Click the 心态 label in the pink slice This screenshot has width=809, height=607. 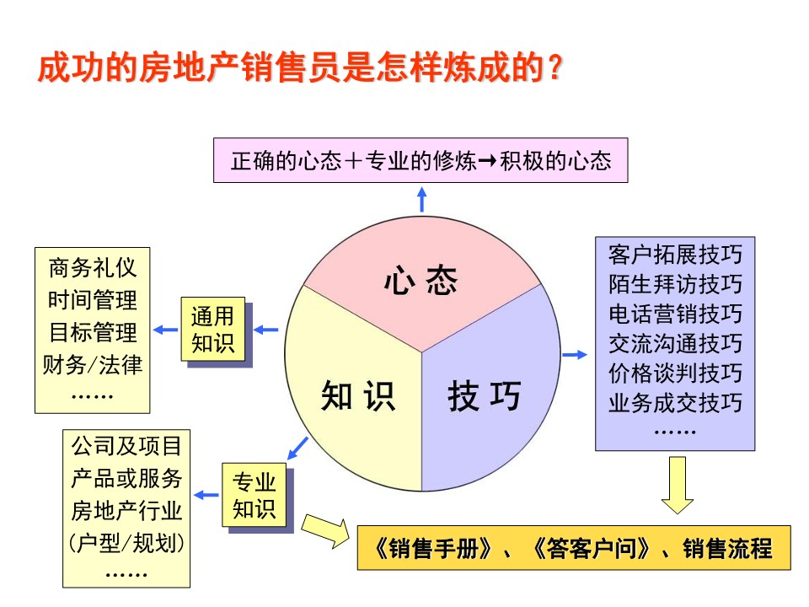[421, 281]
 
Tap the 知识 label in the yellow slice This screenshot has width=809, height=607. [358, 396]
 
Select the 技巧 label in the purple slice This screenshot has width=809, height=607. [485, 396]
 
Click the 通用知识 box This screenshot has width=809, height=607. [212, 330]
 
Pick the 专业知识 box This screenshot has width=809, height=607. [254, 495]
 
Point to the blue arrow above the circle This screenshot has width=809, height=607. [422, 199]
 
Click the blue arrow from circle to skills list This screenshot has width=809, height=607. [575, 355]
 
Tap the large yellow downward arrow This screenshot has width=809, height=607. [678, 485]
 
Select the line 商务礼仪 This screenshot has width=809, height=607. [93, 268]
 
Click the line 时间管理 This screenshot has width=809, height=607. [93, 300]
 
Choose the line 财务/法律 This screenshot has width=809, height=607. [93, 365]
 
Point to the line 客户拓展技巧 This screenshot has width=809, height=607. [675, 255]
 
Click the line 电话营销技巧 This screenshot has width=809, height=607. [675, 314]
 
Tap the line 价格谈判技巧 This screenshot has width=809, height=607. [675, 373]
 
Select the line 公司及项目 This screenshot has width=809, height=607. [126, 446]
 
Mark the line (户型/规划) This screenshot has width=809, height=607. [126, 543]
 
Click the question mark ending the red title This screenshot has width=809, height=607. [555, 67]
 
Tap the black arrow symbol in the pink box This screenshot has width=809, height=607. [488, 161]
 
